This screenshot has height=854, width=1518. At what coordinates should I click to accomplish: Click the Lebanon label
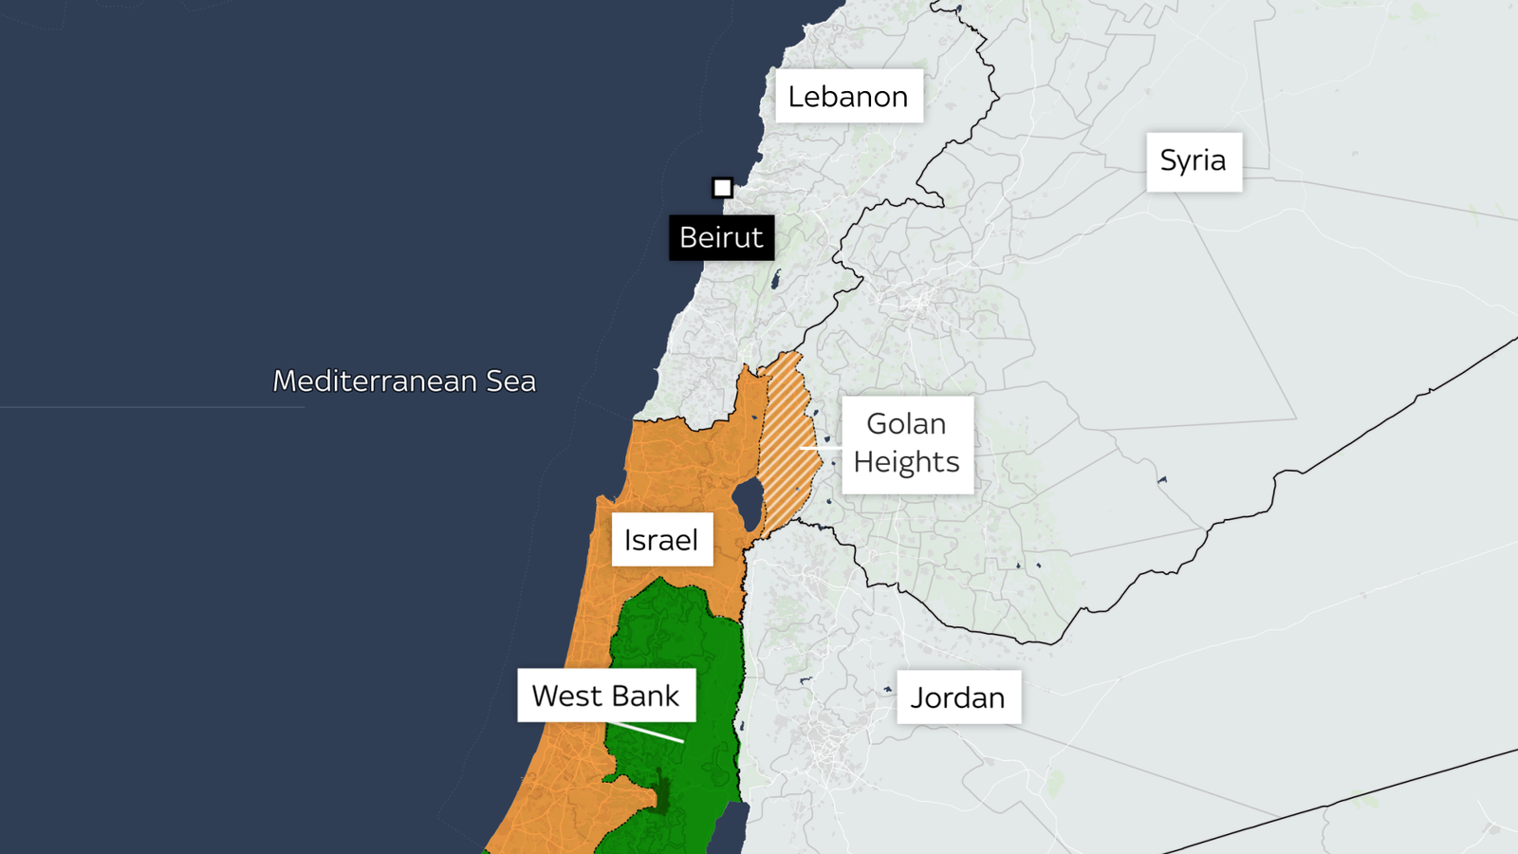(848, 96)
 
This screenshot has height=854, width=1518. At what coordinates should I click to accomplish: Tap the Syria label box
(1194, 161)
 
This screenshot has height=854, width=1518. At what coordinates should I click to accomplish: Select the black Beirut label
(721, 237)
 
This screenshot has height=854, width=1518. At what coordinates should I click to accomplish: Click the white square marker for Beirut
(722, 188)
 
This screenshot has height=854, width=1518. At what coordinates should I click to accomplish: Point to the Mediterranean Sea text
(404, 381)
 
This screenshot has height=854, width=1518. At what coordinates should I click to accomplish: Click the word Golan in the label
(906, 424)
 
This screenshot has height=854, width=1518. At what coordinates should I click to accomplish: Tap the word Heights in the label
(906, 462)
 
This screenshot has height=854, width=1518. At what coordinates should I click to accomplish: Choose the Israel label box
(661, 540)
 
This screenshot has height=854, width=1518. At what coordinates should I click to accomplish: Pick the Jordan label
(957, 697)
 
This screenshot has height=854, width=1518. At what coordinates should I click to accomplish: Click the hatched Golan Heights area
(787, 446)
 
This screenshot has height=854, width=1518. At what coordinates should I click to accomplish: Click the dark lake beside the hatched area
(748, 503)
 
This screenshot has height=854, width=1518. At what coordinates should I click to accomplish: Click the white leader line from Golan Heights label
(822, 447)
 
